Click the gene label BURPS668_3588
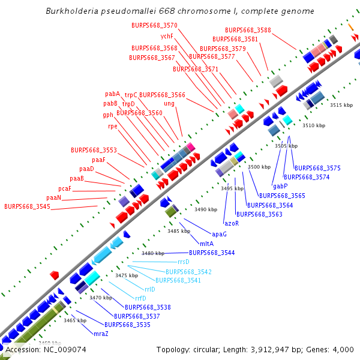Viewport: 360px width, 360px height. click(248, 30)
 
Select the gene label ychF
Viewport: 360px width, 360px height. click(167, 36)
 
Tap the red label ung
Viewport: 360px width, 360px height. click(169, 103)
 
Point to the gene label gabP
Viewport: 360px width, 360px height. click(280, 186)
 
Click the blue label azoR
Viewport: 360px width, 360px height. click(232, 223)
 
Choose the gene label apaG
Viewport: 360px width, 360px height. click(219, 234)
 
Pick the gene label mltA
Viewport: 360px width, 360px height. click(206, 244)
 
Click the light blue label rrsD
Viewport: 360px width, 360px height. click(183, 262)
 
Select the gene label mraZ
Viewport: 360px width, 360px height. click(101, 334)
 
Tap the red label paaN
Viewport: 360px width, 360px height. click(53, 197)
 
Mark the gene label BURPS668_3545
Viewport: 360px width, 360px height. click(27, 206)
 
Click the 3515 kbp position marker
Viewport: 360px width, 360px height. click(341, 105)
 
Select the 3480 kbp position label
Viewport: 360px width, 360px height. click(152, 253)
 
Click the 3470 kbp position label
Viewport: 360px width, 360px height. click(100, 297)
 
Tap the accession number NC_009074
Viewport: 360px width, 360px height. click(46, 349)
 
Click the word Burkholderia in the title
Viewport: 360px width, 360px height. click(71, 11)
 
